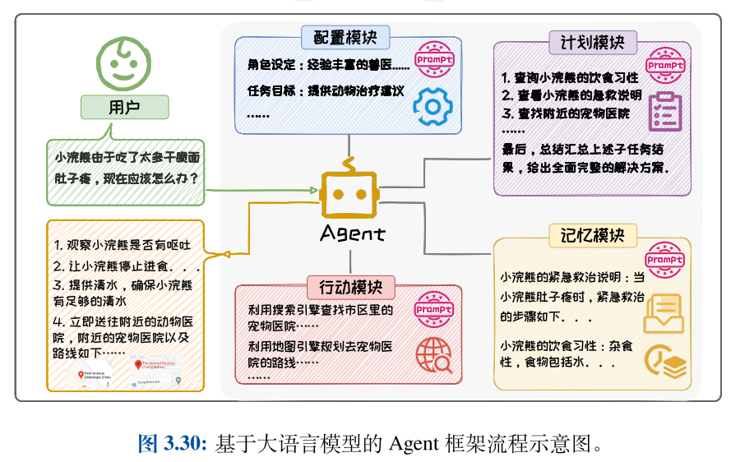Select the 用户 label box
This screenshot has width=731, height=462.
124,107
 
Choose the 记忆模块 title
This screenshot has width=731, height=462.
593,236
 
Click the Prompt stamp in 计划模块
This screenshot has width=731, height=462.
665,64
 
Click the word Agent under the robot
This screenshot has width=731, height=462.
351,233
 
